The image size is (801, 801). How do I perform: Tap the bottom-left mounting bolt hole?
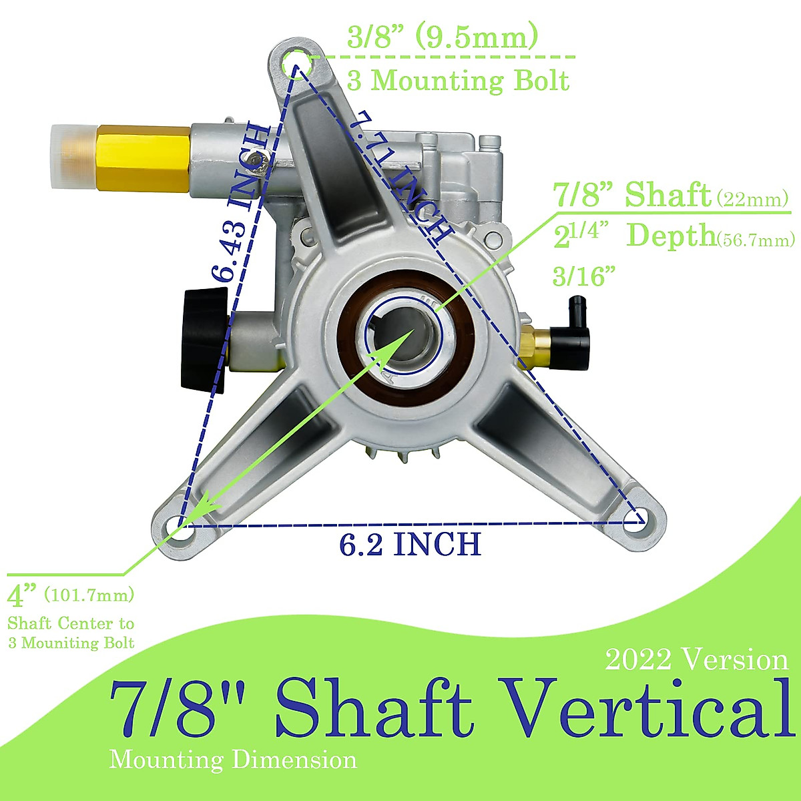pos(178,525)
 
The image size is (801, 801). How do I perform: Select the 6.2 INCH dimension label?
pos(410,545)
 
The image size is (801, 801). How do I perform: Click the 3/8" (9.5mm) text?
pos(443,37)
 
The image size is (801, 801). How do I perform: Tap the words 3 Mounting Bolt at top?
pos(458,81)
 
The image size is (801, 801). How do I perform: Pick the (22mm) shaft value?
pos(752,199)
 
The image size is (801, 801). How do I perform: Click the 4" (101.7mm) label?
pos(71,593)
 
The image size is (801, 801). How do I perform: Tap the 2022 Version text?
pos(697,659)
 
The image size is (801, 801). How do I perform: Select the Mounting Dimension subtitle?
pos(233,760)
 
